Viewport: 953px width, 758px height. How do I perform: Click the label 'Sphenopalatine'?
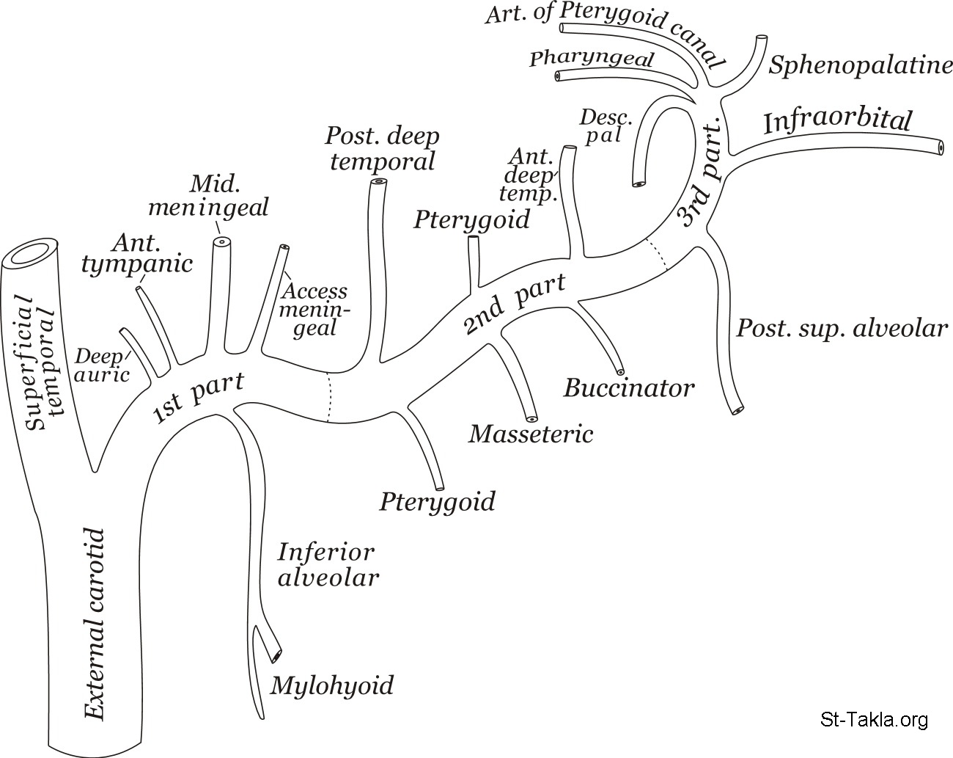pyautogui.click(x=860, y=66)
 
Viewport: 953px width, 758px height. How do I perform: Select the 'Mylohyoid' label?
pyautogui.click(x=332, y=685)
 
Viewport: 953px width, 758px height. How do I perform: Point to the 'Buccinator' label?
pyautogui.click(x=628, y=387)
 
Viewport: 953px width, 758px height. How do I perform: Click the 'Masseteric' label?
pyautogui.click(x=531, y=434)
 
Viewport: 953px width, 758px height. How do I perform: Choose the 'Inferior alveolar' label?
pyautogui.click(x=328, y=564)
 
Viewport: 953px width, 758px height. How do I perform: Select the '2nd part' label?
pyautogui.click(x=515, y=303)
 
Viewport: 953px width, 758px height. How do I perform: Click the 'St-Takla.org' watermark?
pyautogui.click(x=874, y=719)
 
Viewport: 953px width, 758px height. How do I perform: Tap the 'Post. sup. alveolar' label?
pyautogui.click(x=842, y=328)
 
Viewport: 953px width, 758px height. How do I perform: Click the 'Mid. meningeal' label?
pyautogui.click(x=208, y=195)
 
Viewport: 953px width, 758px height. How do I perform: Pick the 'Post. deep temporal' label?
pyautogui.click(x=382, y=148)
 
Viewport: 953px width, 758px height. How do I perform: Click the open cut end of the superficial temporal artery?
pyautogui.click(x=32, y=253)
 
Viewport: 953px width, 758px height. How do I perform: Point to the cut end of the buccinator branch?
pyautogui.click(x=621, y=371)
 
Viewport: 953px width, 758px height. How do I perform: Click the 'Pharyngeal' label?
pyautogui.click(x=592, y=59)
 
